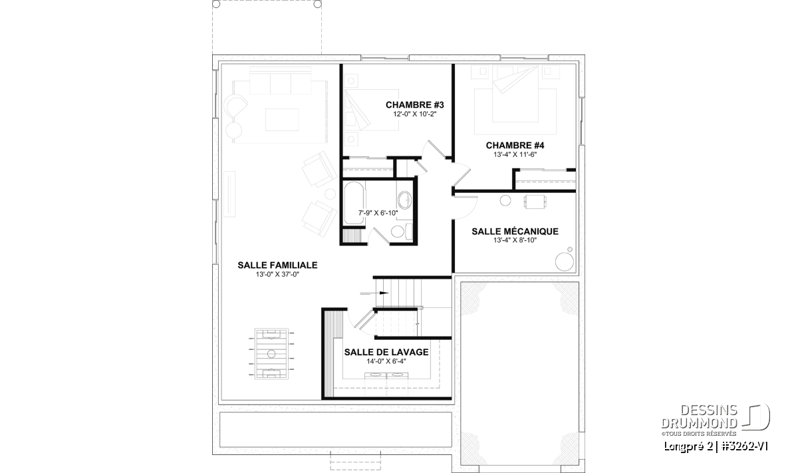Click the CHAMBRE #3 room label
(x=415, y=105)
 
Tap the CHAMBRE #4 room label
(x=515, y=146)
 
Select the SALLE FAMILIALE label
(x=277, y=265)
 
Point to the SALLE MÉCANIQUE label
(x=515, y=232)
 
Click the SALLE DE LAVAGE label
(x=386, y=352)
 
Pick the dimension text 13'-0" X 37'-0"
(x=277, y=275)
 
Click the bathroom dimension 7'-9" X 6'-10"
(x=378, y=213)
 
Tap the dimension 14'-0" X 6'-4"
(x=386, y=361)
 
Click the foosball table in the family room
(x=271, y=354)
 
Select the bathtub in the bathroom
(x=354, y=203)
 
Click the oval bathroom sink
(x=405, y=200)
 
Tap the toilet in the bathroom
(x=401, y=232)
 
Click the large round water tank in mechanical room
(x=565, y=261)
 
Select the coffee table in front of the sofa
(x=282, y=120)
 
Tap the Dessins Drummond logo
(x=716, y=420)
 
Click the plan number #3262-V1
(x=745, y=446)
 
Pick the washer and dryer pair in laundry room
(x=386, y=383)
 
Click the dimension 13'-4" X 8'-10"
(x=515, y=240)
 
